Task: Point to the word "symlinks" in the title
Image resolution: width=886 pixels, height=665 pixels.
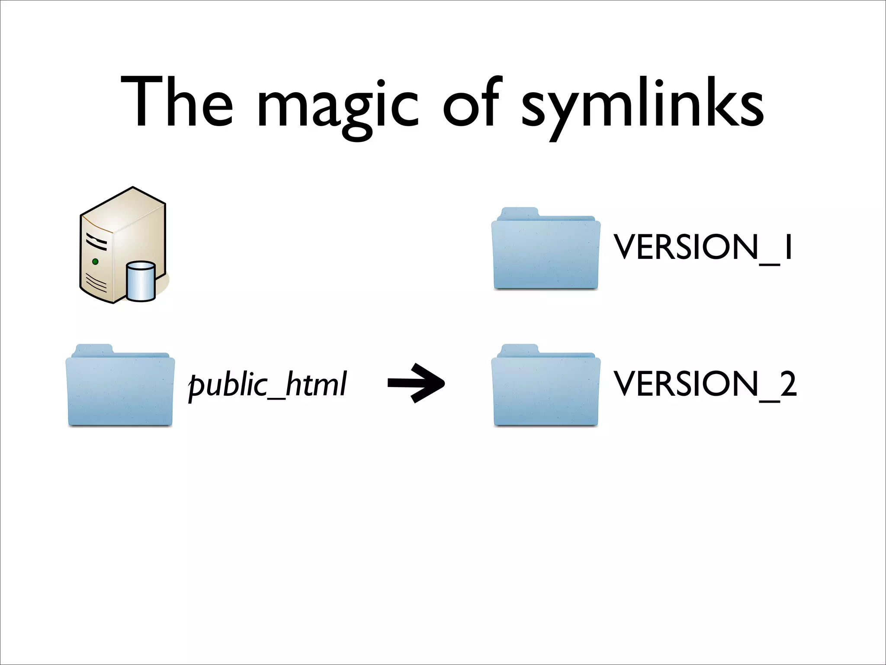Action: coord(643,106)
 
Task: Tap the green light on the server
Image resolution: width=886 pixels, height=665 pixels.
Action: coord(95,261)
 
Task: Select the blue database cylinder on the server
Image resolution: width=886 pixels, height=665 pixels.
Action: coord(141,281)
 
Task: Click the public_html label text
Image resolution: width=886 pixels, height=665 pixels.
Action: coord(267,384)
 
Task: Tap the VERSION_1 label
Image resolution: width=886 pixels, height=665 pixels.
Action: coord(703,248)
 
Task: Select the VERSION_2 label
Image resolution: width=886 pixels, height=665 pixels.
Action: coord(705,384)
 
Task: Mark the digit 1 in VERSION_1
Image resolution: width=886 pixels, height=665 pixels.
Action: coord(788,247)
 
